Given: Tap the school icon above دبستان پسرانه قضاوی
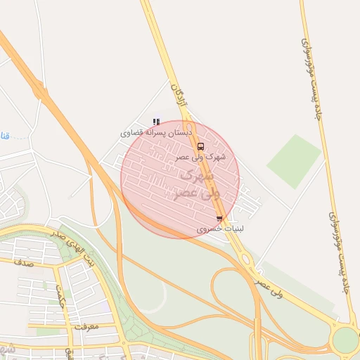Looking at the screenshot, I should point(156,121).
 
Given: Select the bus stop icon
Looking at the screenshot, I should point(201,147).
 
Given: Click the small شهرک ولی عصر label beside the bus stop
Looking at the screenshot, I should point(210,157).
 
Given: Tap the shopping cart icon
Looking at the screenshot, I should point(220,219).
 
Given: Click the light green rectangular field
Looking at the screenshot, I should point(294,161).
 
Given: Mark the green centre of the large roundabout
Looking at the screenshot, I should point(345,340).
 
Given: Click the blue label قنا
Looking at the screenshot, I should point(5,134).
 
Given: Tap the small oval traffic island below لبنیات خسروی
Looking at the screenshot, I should point(247,259).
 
